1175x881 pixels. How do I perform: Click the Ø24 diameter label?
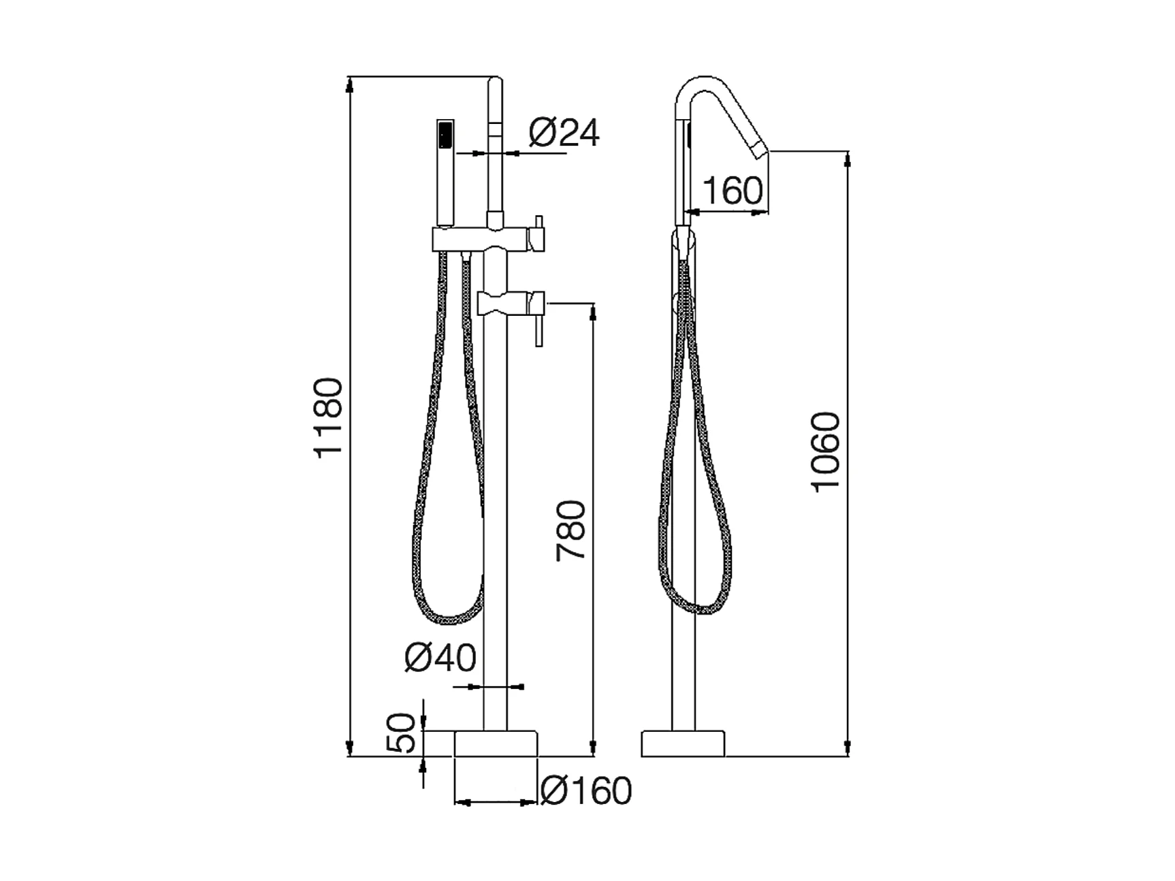tap(564, 133)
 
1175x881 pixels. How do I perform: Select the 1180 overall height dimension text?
tap(329, 417)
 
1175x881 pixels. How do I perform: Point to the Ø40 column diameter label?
tap(440, 658)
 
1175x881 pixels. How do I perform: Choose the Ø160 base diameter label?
tap(586, 790)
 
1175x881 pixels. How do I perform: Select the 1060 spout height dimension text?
tap(826, 451)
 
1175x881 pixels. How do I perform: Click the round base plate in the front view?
tap(496, 743)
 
